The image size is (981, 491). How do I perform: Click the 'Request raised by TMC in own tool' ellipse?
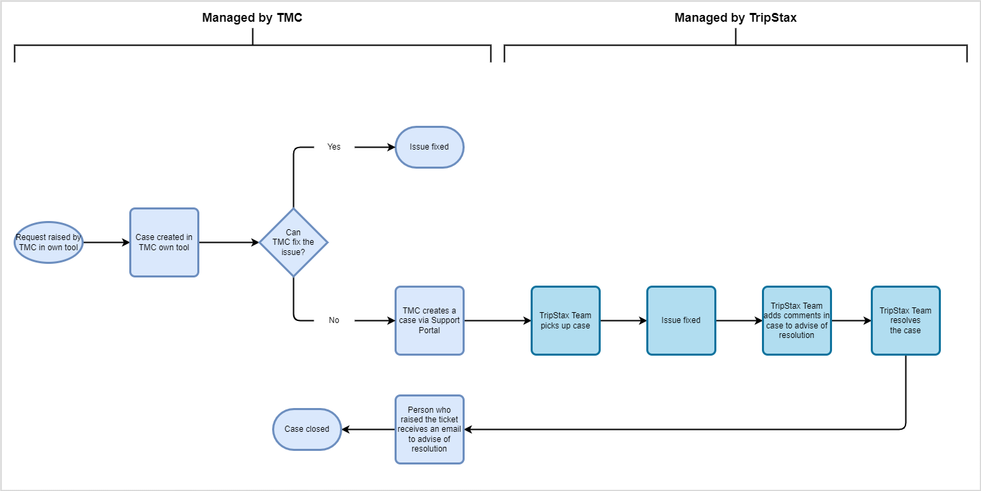tap(48, 242)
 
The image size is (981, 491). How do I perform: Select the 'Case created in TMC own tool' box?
tap(164, 242)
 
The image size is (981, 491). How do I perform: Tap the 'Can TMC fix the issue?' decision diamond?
tap(293, 242)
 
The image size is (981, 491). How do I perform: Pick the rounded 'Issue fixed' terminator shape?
tap(429, 147)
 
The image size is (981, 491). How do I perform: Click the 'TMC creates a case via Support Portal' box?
tap(429, 320)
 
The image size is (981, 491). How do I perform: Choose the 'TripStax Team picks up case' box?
tap(565, 320)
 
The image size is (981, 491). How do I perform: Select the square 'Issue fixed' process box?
tap(681, 320)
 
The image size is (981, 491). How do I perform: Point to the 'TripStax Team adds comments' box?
tap(797, 320)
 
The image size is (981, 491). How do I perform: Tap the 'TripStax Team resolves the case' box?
tap(905, 320)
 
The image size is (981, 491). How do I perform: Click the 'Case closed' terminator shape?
tap(307, 429)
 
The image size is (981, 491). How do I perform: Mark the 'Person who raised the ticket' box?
tap(429, 429)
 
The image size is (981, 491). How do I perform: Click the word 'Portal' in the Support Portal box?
tap(429, 331)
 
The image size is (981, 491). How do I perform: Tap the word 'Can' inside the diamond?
tap(293, 233)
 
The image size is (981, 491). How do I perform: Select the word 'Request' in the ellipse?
tap(31, 238)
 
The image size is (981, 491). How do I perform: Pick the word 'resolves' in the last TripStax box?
tap(905, 320)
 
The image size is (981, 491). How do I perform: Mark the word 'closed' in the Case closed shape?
tap(317, 429)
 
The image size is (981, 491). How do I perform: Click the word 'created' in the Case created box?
tap(169, 237)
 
